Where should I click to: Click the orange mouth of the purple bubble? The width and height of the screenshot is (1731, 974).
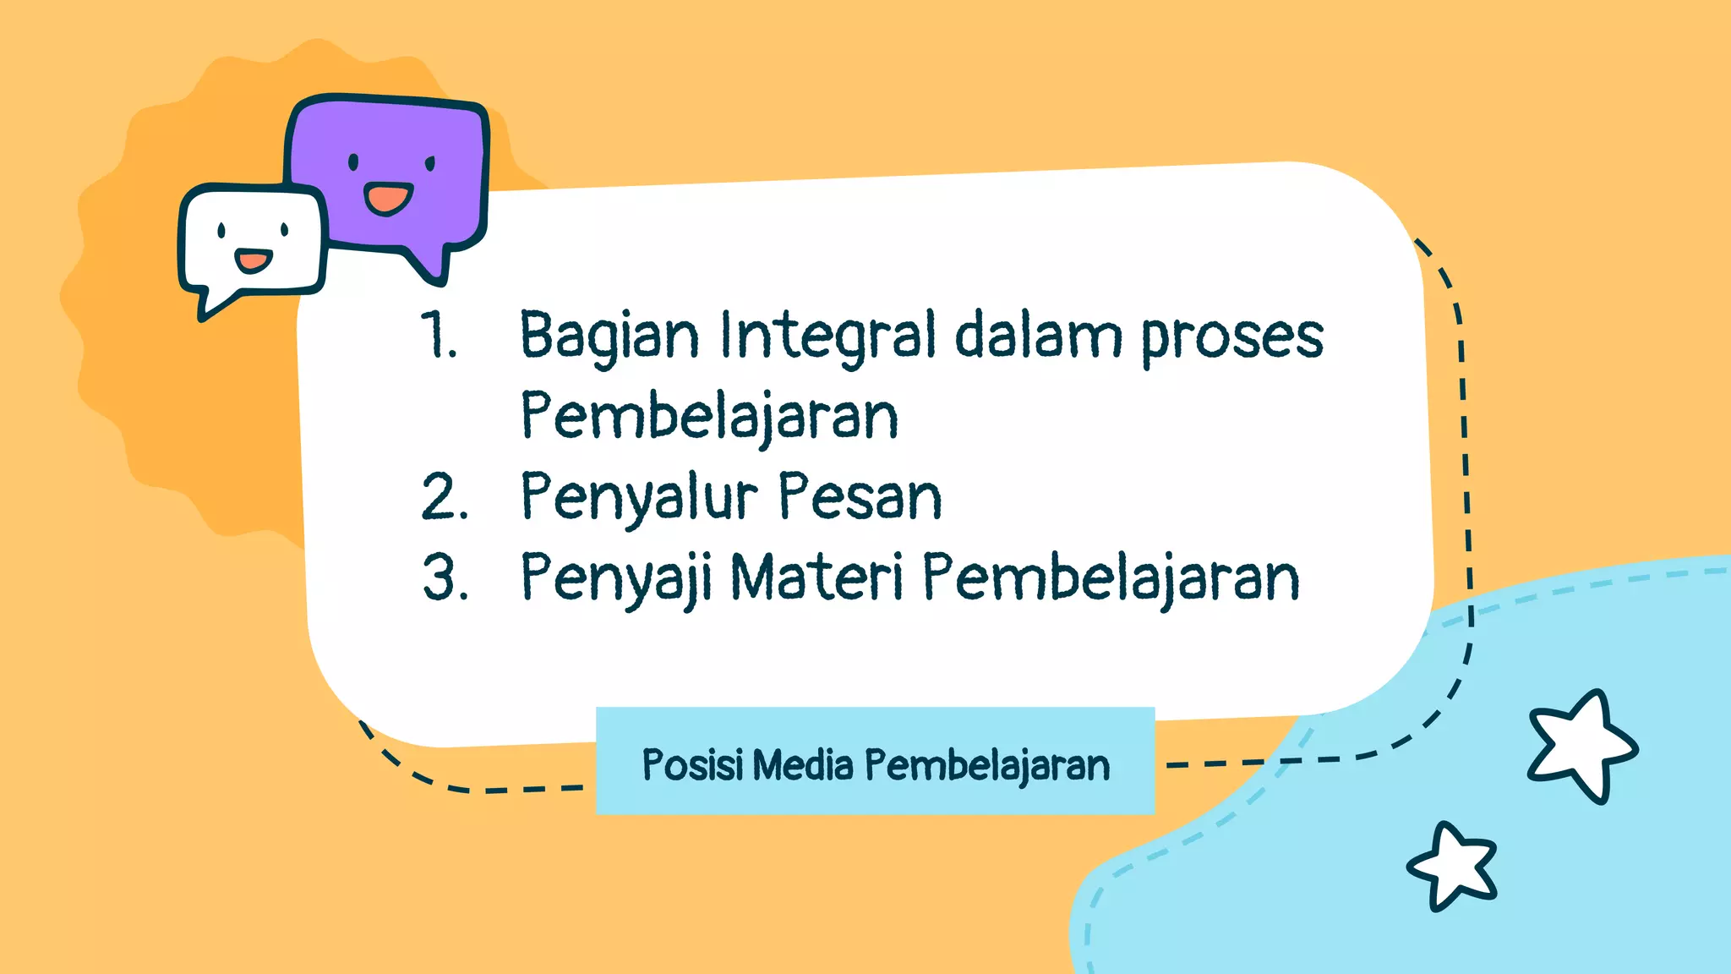(x=388, y=200)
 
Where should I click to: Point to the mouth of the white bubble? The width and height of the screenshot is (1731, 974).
(x=253, y=260)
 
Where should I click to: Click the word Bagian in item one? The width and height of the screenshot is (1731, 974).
(x=609, y=336)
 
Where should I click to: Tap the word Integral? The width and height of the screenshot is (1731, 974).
(x=828, y=336)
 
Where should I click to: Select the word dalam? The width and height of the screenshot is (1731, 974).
(x=1037, y=336)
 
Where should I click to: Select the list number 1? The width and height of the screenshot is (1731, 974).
(x=439, y=336)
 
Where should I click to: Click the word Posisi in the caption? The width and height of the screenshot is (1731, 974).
(x=692, y=765)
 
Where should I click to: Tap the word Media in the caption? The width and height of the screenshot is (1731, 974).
(x=803, y=765)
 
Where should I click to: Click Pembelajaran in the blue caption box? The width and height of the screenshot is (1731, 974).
(x=986, y=765)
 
